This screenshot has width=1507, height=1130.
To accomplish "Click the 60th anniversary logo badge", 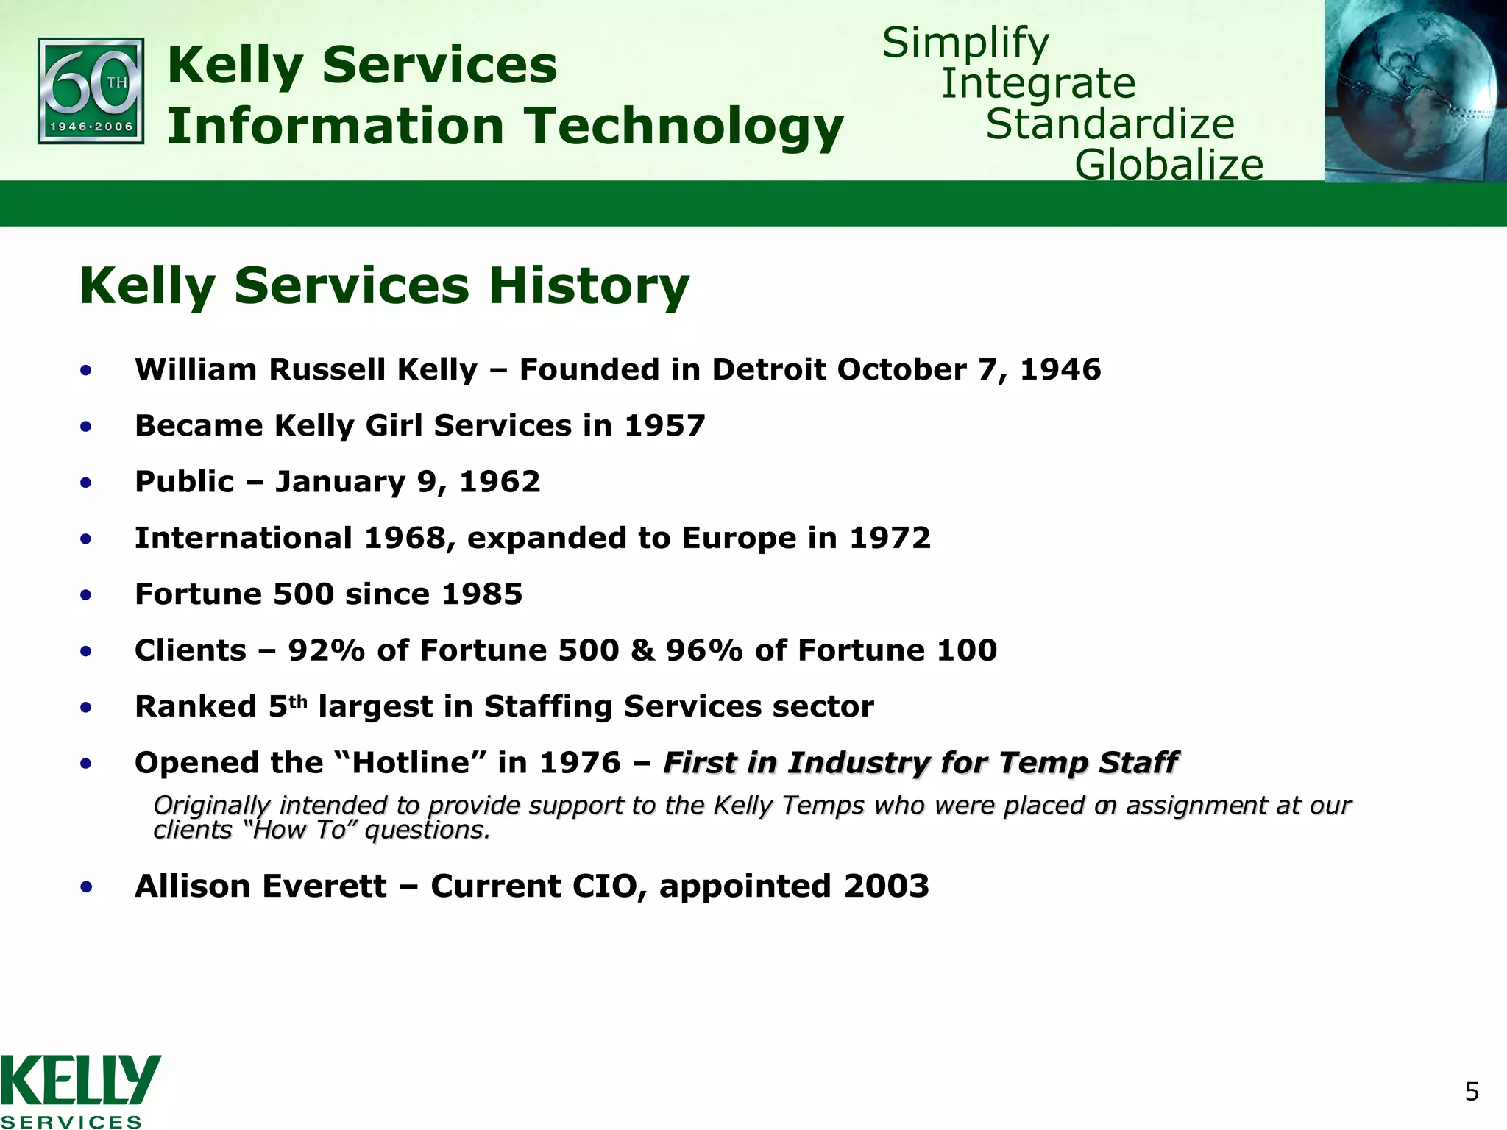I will (91, 90).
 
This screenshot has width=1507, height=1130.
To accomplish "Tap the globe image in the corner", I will (1415, 90).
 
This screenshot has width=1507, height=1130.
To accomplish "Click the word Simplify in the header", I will (965, 43).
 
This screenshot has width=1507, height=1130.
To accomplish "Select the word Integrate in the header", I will (1038, 83).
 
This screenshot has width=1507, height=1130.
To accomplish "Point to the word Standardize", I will (1110, 124).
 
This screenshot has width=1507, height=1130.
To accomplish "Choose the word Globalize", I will (1169, 164).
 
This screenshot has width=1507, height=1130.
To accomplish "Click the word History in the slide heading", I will (589, 285).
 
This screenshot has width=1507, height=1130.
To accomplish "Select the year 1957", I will (664, 426).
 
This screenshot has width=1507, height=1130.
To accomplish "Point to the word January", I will (340, 483).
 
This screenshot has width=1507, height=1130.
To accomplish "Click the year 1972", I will (890, 538).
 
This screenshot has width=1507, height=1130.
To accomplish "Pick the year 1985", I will (482, 594).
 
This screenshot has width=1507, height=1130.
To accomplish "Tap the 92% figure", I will (326, 650).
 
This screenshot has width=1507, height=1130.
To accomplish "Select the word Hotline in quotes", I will (411, 763).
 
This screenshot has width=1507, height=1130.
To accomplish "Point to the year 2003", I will (886, 886).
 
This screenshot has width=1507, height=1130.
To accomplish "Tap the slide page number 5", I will (1472, 1092).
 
